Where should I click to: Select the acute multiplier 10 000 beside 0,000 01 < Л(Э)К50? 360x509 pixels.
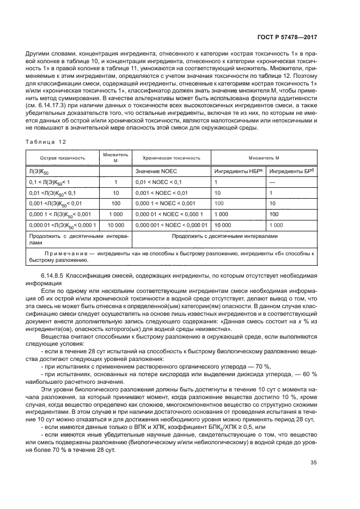[115, 225]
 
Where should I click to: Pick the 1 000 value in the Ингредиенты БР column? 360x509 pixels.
[276, 225]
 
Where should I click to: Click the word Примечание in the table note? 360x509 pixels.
[64, 254]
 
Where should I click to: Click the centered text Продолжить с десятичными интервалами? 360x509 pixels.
[224, 236]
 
